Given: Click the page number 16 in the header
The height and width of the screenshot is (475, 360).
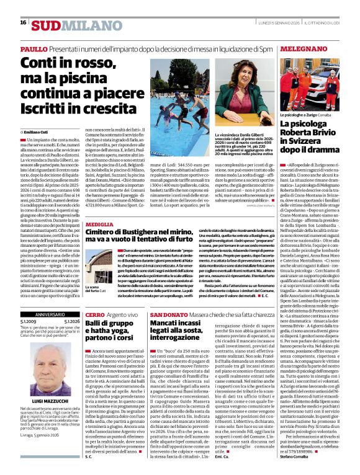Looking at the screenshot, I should click(23, 22).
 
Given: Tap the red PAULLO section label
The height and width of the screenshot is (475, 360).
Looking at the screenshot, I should click(33, 48).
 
